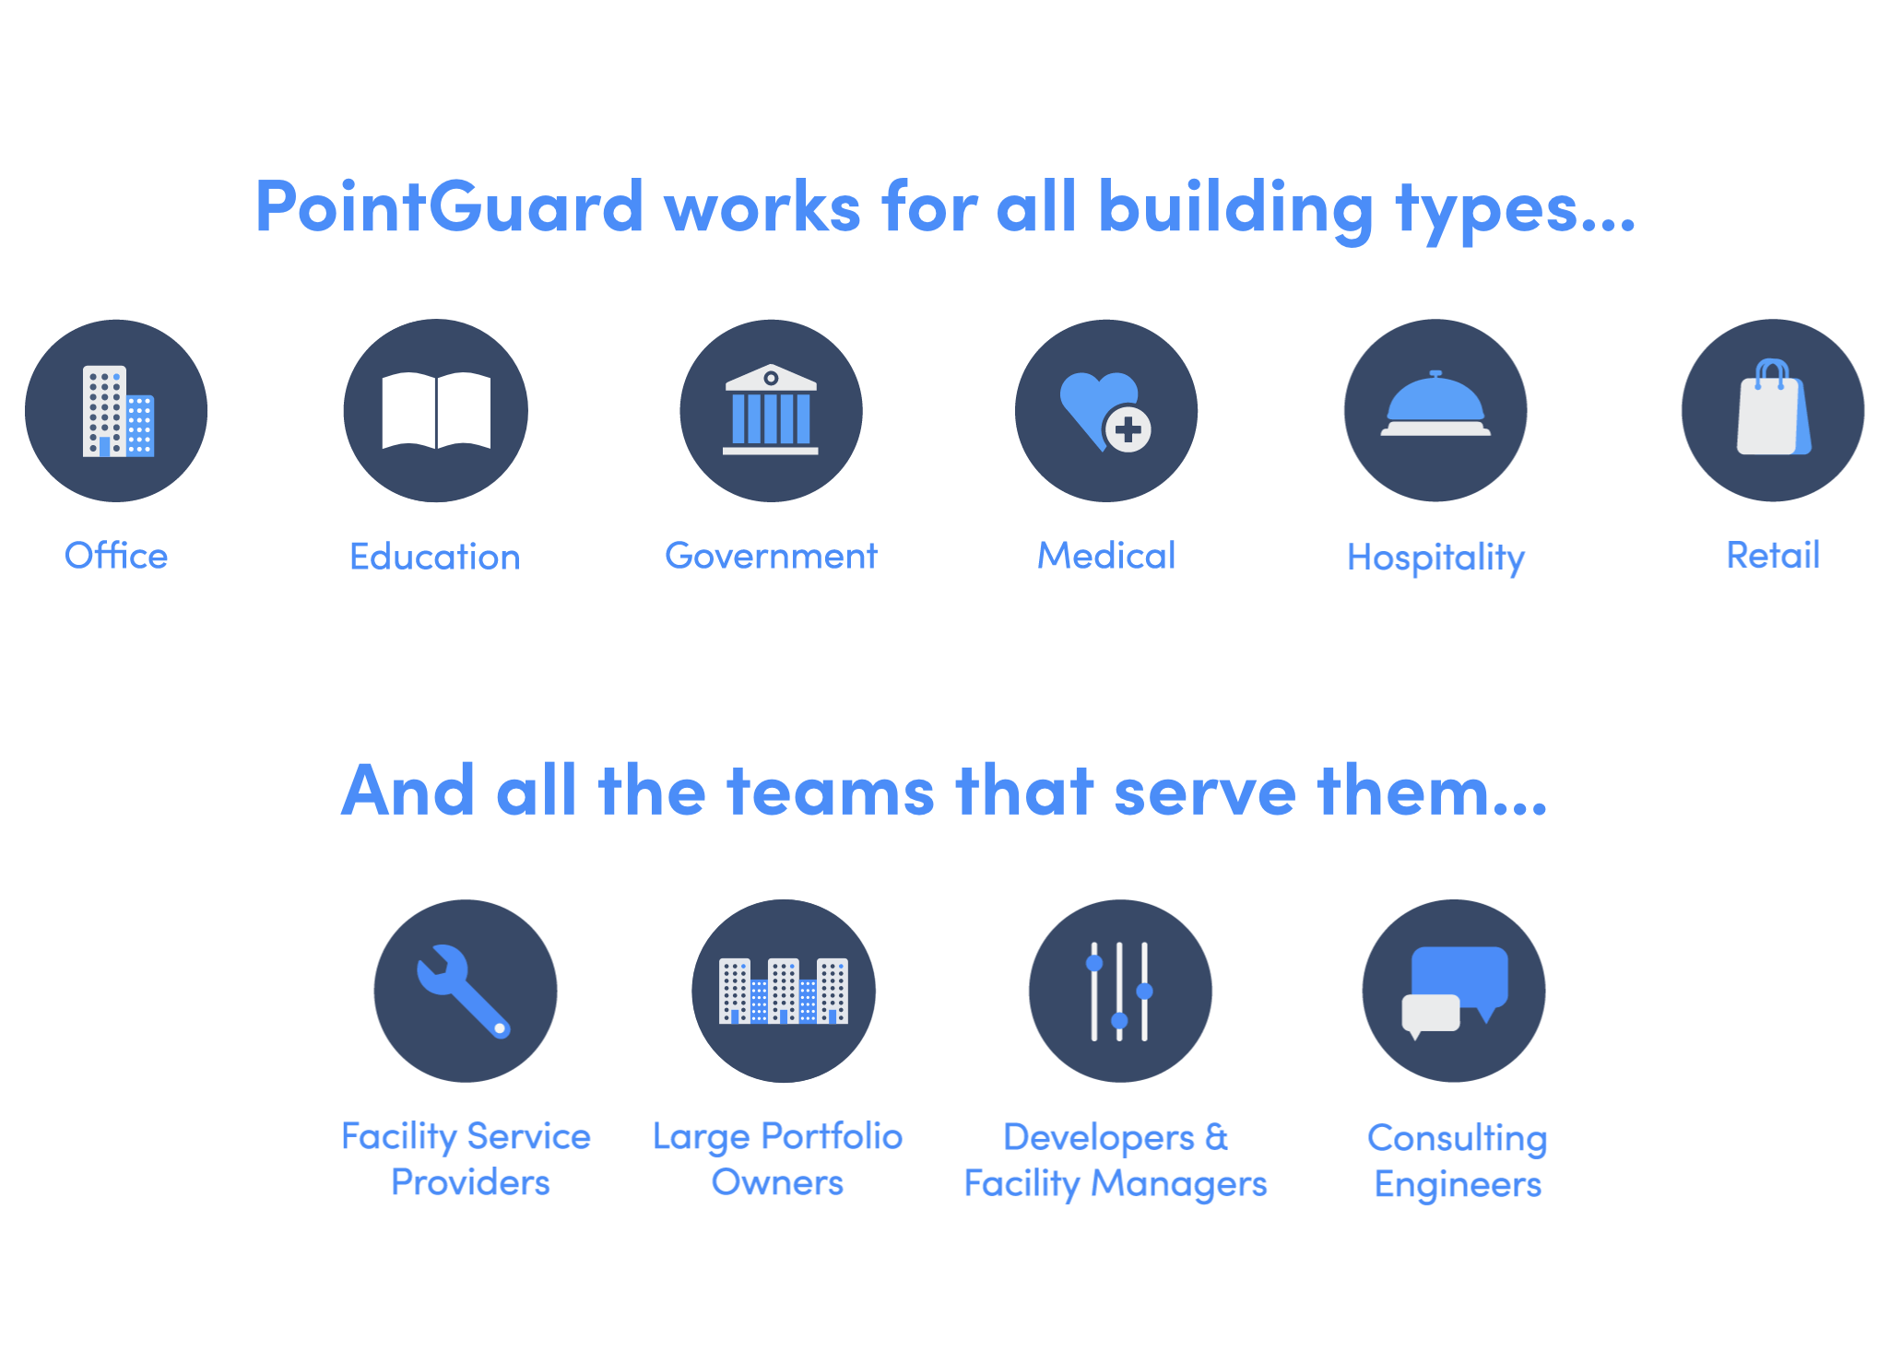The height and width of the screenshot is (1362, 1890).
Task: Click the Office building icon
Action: [118, 411]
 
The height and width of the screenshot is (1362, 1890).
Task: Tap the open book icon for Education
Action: [436, 410]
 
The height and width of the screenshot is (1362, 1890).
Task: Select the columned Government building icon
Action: [771, 409]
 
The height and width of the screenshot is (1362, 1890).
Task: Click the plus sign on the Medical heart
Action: [1128, 429]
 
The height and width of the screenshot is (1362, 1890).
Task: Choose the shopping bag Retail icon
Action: [1774, 406]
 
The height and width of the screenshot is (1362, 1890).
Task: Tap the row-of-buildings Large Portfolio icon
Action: [784, 991]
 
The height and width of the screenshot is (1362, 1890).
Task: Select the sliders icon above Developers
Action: [1119, 992]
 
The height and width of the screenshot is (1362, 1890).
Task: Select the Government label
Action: [771, 556]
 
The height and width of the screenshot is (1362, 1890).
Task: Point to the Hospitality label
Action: [1435, 558]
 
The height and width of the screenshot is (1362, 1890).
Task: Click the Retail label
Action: [1773, 556]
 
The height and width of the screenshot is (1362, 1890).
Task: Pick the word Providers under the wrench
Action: [470, 1182]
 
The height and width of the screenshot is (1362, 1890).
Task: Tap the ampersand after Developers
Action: [1217, 1137]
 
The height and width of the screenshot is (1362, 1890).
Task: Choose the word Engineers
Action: [1458, 1185]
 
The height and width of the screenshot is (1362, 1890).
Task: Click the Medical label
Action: [1106, 556]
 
